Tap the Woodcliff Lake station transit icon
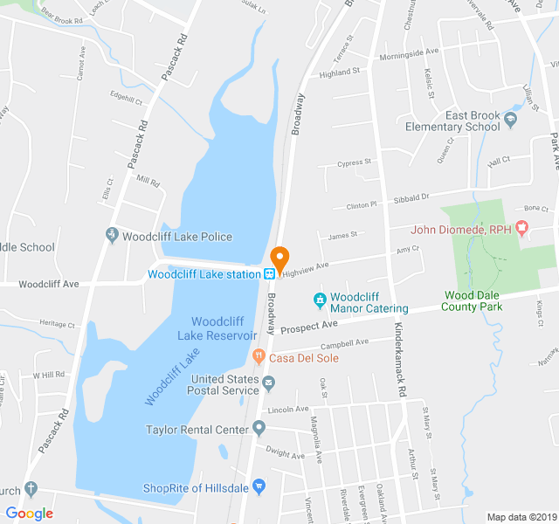coord(270,273)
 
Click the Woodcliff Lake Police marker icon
coord(112,236)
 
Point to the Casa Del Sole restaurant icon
coord(258,356)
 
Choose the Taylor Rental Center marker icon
coord(259,428)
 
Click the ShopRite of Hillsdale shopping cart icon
coord(258,486)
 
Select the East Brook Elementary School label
coord(460,121)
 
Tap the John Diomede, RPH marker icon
coord(522,229)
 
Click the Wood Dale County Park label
coord(473,301)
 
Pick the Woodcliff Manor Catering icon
coord(320,301)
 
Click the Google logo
coord(30,514)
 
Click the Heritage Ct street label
coord(59,324)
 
